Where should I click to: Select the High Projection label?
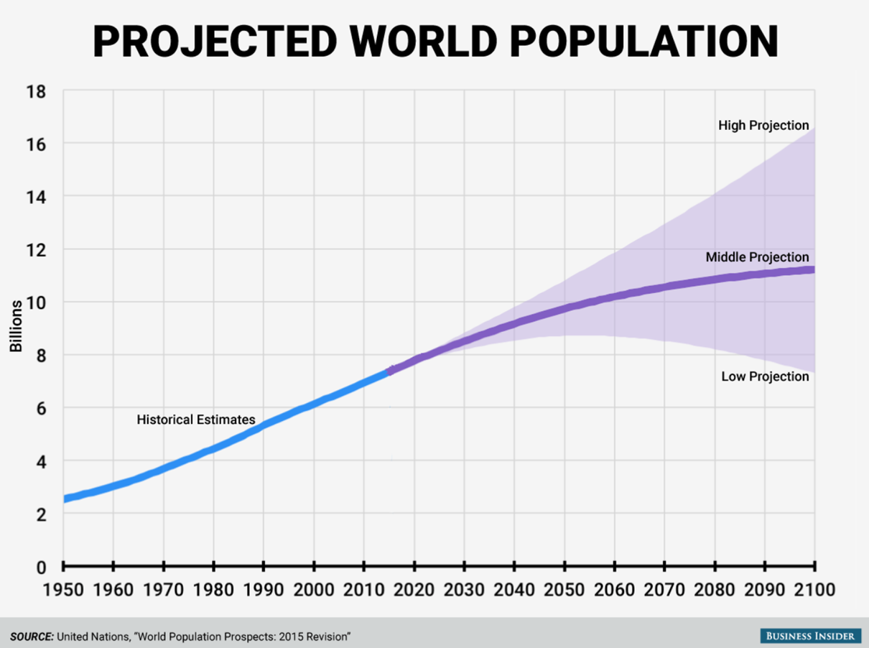click(x=763, y=126)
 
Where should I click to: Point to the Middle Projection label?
click(x=757, y=257)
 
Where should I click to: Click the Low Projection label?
click(x=765, y=376)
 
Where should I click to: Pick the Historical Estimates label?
click(x=196, y=420)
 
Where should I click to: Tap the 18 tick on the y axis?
click(x=36, y=91)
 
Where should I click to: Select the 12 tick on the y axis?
click(x=36, y=250)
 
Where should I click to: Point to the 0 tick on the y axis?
click(x=42, y=568)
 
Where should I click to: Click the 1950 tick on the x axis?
click(x=63, y=591)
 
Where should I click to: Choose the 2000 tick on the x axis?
click(x=313, y=591)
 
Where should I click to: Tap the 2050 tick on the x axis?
click(x=564, y=591)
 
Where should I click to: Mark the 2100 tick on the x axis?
click(x=814, y=591)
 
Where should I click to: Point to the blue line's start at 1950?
click(x=65, y=499)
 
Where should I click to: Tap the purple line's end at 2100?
click(x=813, y=269)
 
